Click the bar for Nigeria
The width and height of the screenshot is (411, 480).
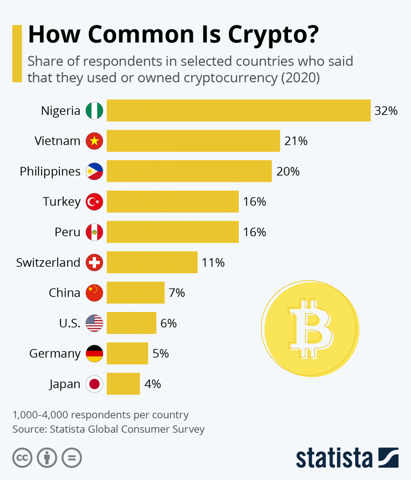pos(238,111)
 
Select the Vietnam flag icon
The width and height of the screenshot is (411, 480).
pos(94,141)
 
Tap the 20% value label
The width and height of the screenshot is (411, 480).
pos(288,171)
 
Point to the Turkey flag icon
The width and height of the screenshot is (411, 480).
pos(94,202)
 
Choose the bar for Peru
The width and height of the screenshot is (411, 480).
pos(172,232)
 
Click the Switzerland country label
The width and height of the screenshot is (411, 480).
pos(48,262)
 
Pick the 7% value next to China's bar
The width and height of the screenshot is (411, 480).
pos(177,293)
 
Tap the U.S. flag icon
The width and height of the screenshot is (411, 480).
pos(94,323)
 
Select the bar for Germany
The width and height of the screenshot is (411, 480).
pos(127,354)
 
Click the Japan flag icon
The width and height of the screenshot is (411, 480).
pos(94,384)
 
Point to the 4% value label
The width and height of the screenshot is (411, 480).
pos(152,384)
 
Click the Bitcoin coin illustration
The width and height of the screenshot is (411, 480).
pos(310,329)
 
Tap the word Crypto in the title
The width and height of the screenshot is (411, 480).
pos(273,35)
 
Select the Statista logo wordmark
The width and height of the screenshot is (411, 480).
pos(334,458)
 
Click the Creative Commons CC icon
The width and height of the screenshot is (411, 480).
pos(22,458)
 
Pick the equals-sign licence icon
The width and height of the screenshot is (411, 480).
pos(72,458)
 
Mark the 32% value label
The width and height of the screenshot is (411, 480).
pos(386,111)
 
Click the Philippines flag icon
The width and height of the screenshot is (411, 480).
pos(94,171)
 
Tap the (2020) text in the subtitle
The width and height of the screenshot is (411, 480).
pos(300,78)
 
